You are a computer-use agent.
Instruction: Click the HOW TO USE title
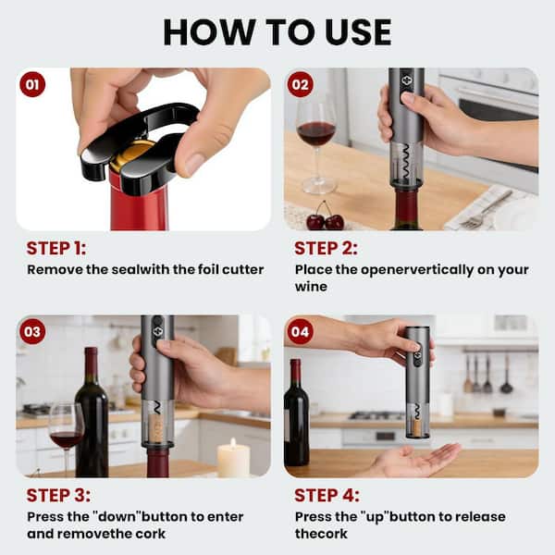pyautogui.click(x=277, y=31)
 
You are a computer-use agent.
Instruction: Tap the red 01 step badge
pyautogui.click(x=32, y=84)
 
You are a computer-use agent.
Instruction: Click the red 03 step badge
pyautogui.click(x=32, y=331)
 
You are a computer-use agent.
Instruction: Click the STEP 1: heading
pyautogui.click(x=63, y=248)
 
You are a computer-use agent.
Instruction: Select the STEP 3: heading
pyautogui.click(x=63, y=495)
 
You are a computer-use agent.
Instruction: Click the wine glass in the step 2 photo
pyautogui.click(x=316, y=139)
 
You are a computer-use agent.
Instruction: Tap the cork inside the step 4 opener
pyautogui.click(x=416, y=427)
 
